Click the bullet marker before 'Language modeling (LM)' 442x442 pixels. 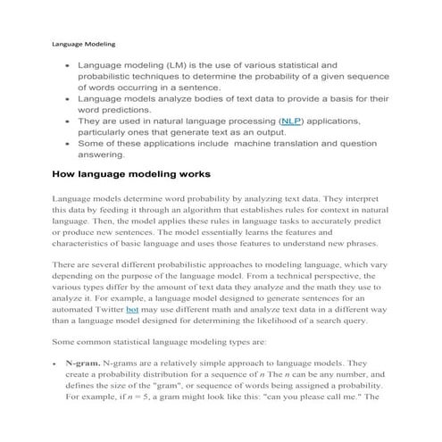(66, 66)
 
